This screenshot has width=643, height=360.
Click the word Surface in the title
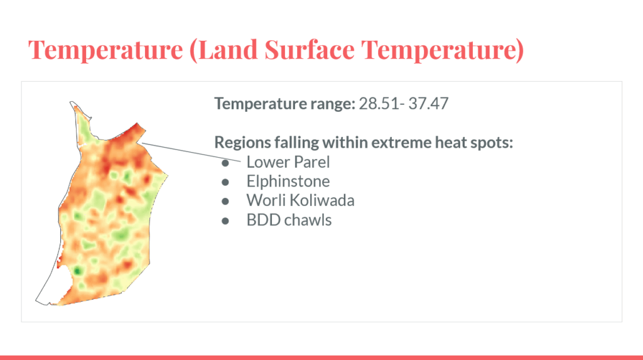(x=310, y=49)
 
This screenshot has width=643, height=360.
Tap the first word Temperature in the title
(x=105, y=50)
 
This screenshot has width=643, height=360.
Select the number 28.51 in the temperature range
(x=379, y=104)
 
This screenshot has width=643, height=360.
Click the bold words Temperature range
(x=284, y=104)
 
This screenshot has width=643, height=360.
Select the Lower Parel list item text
(x=288, y=162)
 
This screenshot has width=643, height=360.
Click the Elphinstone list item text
(x=288, y=182)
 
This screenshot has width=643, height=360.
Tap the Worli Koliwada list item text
(x=300, y=200)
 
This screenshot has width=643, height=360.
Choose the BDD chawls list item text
(x=289, y=220)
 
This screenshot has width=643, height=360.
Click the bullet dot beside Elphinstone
(x=225, y=182)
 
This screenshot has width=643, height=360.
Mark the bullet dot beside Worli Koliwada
(x=225, y=201)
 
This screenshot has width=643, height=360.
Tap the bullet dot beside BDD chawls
(x=225, y=221)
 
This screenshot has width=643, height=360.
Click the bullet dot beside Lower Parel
(x=225, y=163)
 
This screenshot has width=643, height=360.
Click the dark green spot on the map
(x=77, y=271)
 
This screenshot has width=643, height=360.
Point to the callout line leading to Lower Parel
(x=191, y=152)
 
